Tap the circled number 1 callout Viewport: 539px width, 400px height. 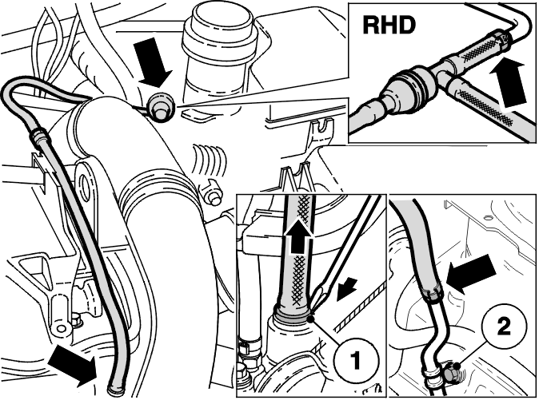click(x=356, y=359)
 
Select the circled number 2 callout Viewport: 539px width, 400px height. click(x=503, y=327)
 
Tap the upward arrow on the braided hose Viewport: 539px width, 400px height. click(x=299, y=240)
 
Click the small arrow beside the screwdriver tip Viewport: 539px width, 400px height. click(x=347, y=289)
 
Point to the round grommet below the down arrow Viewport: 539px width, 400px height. click(x=161, y=107)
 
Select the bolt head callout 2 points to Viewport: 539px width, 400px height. click(x=449, y=371)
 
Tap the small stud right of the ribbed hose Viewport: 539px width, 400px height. click(x=212, y=194)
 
